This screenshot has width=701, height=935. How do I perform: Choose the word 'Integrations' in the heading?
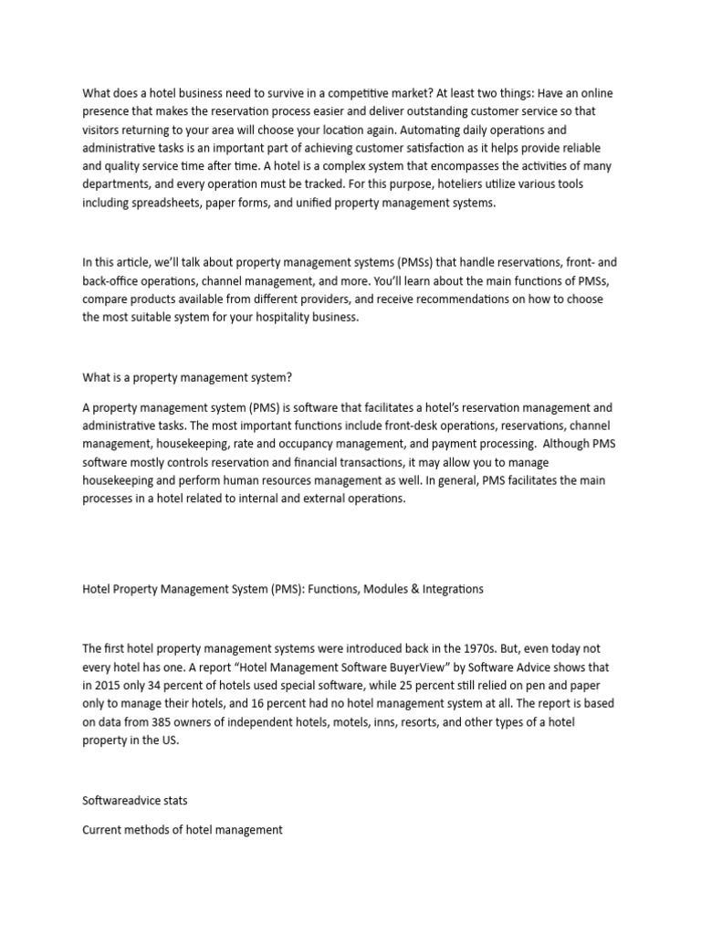pos(450,589)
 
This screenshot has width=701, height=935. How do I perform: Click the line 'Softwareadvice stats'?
pos(135,802)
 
